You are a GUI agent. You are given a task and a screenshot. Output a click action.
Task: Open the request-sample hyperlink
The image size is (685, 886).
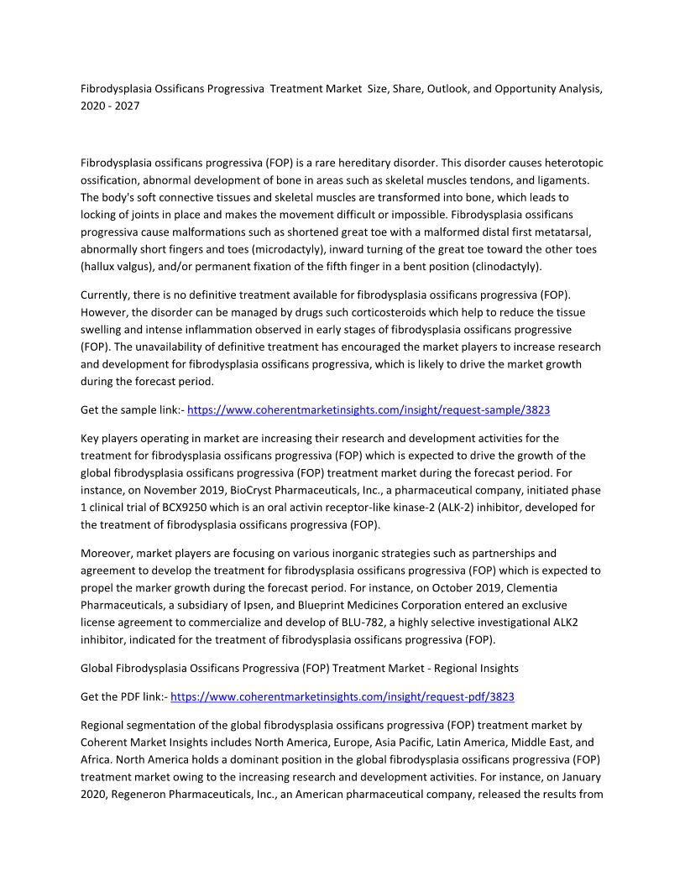[369, 410]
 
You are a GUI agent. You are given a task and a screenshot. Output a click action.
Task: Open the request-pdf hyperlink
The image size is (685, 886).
[342, 696]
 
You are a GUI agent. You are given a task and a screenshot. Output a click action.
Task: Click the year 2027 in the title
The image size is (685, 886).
[128, 107]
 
